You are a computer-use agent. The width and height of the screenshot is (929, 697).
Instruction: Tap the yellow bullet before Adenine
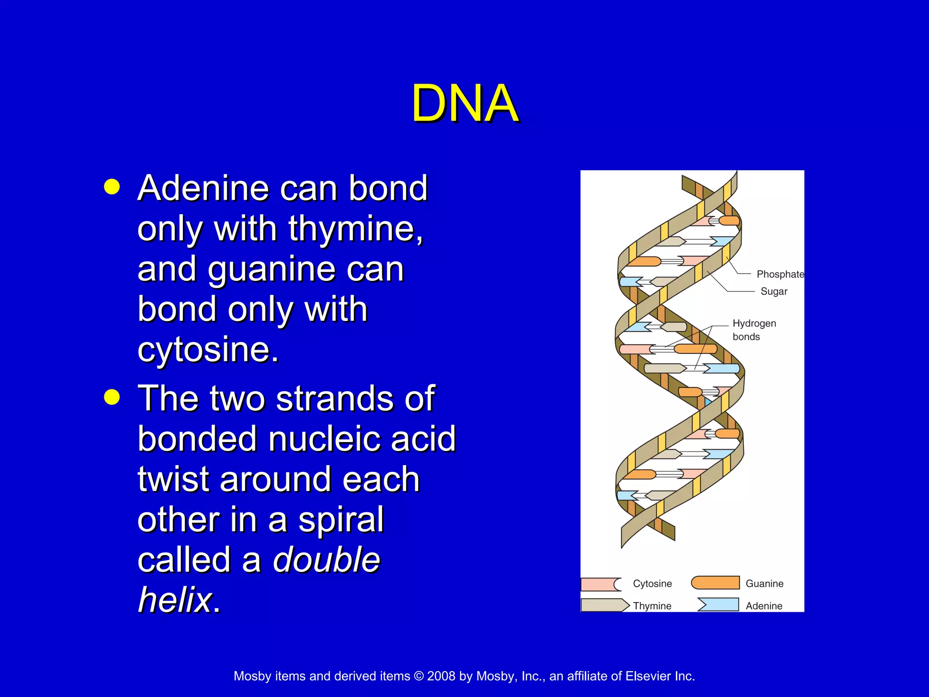point(112,187)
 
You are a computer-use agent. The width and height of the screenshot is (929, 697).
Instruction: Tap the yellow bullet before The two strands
point(112,397)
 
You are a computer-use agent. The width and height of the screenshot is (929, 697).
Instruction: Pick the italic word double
point(326,560)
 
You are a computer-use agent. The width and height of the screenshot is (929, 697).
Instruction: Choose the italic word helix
point(175,599)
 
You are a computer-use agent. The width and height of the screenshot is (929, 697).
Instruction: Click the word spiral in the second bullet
point(341,519)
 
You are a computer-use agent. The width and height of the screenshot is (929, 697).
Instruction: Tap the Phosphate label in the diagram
point(780,274)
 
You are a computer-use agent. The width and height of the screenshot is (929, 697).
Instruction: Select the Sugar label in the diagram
point(774,291)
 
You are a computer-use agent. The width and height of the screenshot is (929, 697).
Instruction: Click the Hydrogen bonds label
point(754,330)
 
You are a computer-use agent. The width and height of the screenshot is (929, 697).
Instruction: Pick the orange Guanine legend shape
point(715,583)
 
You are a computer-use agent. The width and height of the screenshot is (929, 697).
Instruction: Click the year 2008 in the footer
point(441,676)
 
